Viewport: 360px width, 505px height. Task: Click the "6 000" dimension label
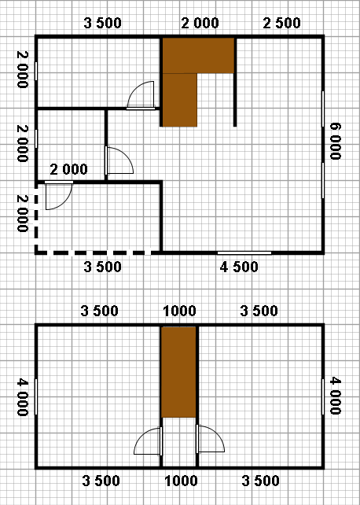pyautogui.click(x=335, y=141)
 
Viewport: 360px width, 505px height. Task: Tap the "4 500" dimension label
pyautogui.click(x=239, y=267)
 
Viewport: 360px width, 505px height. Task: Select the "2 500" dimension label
pyautogui.click(x=282, y=23)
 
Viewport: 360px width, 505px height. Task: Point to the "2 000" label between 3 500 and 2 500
pyautogui.click(x=200, y=23)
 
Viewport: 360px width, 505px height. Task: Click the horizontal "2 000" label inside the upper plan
pyautogui.click(x=69, y=169)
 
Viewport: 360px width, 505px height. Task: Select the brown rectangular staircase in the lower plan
pyautogui.click(x=178, y=372)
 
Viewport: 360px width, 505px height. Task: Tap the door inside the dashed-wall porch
pyautogui.click(x=58, y=196)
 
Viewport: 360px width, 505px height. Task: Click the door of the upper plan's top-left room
pyautogui.click(x=141, y=95)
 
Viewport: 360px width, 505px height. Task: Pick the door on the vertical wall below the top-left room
pyautogui.click(x=119, y=160)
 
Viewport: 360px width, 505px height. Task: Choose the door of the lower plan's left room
pyautogui.click(x=148, y=441)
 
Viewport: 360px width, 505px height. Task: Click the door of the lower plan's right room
pyautogui.click(x=210, y=439)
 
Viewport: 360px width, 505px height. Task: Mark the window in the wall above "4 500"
pyautogui.click(x=244, y=252)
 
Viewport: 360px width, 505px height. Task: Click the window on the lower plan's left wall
pyautogui.click(x=36, y=396)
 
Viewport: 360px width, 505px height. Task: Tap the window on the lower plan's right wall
pyautogui.click(x=323, y=396)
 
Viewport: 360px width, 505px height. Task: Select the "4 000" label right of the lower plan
pyautogui.click(x=335, y=396)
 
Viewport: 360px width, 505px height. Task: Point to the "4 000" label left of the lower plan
pyautogui.click(x=23, y=397)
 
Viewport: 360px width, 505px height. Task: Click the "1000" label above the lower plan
pyautogui.click(x=179, y=311)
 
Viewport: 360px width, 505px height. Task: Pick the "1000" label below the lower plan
pyautogui.click(x=181, y=481)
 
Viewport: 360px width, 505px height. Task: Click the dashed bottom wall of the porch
pyautogui.click(x=93, y=252)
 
